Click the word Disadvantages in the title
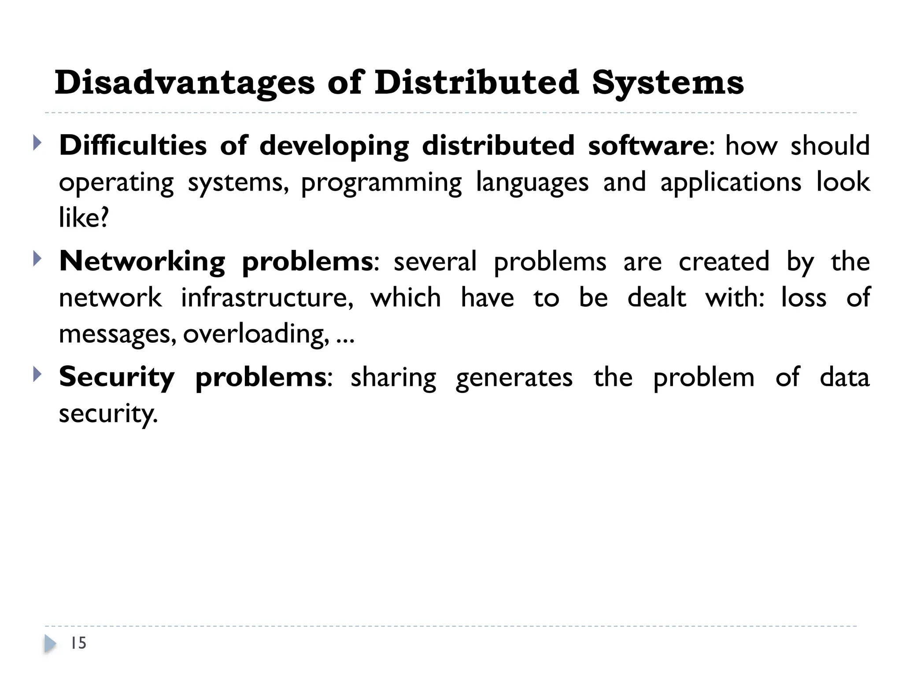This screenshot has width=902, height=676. pos(185,83)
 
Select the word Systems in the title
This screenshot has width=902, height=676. pos(668,83)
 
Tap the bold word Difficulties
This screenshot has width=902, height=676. pos(133,146)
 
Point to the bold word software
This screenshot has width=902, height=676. pos(648,146)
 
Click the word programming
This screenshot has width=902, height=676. pos(381,183)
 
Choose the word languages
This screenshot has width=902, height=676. pos(532,183)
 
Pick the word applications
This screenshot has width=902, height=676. pos(731,183)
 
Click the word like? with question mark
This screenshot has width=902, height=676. pos(84,218)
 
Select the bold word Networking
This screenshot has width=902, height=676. pos(142,261)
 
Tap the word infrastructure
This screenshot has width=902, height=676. pos(267,298)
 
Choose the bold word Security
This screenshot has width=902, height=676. pos(117,378)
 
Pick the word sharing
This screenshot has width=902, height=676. pos(393,378)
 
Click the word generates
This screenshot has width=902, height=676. pos(514,378)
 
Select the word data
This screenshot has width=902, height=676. pos(844,378)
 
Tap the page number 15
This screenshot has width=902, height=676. pos(78,643)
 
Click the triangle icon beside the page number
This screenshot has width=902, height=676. pos(50,644)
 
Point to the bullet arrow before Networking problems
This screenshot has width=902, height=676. pos(37,259)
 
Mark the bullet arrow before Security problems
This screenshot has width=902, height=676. pos(37,375)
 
